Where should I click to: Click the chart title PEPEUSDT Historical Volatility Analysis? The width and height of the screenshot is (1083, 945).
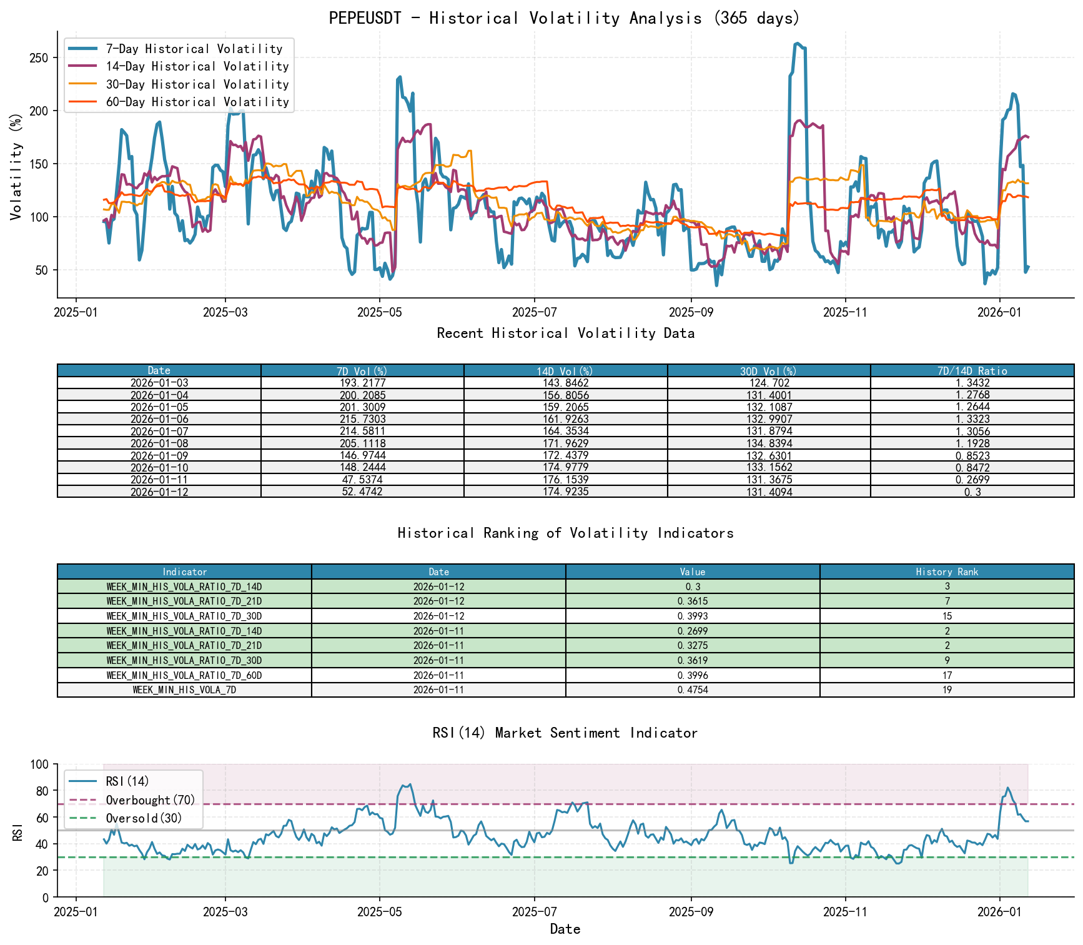(x=565, y=18)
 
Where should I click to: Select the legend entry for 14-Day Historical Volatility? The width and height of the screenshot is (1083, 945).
(x=197, y=66)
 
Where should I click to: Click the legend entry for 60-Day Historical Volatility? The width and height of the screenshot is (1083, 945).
(x=197, y=102)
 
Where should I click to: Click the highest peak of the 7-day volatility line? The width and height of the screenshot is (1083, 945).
(x=798, y=43)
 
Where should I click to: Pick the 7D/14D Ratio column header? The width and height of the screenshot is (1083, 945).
(x=972, y=370)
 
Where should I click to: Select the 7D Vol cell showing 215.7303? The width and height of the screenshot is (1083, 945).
(x=362, y=419)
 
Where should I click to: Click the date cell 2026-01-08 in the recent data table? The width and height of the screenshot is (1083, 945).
(x=159, y=443)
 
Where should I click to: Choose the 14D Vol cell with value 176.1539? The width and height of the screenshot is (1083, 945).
(x=565, y=480)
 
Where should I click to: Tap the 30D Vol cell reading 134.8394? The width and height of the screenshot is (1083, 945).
(x=769, y=443)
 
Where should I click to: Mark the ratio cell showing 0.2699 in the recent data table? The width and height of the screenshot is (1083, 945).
(x=972, y=480)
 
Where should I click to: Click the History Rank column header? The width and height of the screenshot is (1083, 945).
(x=947, y=571)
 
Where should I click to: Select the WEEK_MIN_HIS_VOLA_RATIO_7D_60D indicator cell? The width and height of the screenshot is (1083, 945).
(x=184, y=675)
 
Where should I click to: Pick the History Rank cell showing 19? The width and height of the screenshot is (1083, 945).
(x=947, y=690)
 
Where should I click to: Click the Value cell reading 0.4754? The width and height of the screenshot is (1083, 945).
(x=693, y=690)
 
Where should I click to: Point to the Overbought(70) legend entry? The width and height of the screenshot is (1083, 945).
(x=150, y=800)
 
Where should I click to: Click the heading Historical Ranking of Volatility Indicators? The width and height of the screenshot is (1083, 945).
(x=565, y=533)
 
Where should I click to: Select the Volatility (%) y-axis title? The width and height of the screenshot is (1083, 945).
(x=16, y=167)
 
